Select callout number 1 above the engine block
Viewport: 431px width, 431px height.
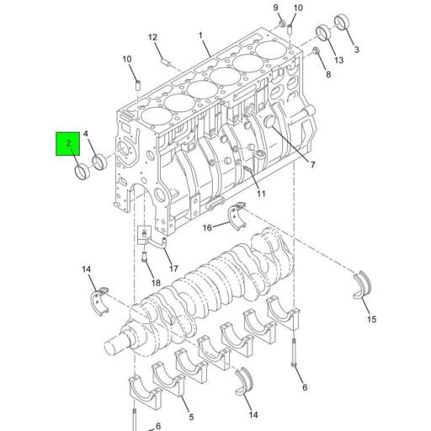point(201,35)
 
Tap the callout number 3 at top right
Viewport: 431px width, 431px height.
point(356,51)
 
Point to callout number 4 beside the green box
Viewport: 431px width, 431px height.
point(86,135)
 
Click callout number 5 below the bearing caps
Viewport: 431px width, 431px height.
point(192,416)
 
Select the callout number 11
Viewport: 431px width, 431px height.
point(262,194)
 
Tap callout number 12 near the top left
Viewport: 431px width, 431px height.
point(153,38)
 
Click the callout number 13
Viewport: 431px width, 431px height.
point(338,61)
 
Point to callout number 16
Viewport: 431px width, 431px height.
point(207,227)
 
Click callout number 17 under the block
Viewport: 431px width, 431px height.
point(174,269)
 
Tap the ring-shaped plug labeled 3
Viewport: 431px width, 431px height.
point(343,20)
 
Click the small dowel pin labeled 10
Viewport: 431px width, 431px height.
point(136,84)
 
